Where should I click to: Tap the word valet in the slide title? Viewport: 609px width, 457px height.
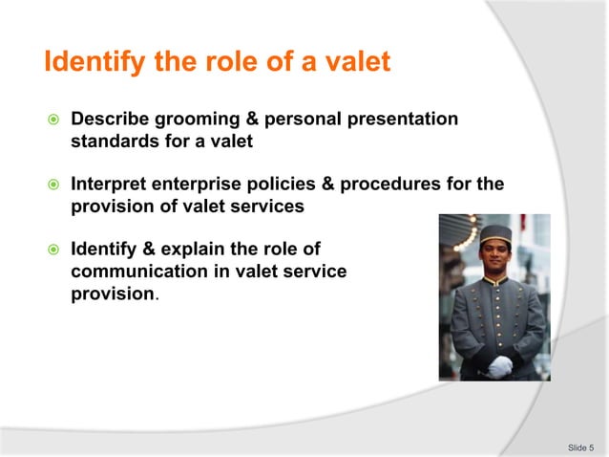(x=356, y=63)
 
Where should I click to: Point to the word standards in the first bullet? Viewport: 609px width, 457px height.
(x=112, y=141)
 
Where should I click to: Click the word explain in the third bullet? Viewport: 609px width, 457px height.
(x=207, y=250)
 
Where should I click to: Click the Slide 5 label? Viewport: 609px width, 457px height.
(x=580, y=446)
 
